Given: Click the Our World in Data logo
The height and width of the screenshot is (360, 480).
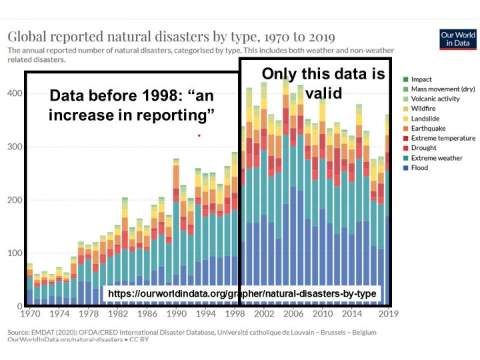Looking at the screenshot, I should (x=459, y=39).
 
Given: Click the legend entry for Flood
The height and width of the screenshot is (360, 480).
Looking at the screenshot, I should (x=420, y=168).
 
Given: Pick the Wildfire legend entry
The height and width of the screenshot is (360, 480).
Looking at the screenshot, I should (x=423, y=109).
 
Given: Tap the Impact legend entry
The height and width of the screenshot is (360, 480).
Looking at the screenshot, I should (x=421, y=79).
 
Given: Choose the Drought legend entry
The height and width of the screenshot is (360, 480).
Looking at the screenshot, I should (x=423, y=148).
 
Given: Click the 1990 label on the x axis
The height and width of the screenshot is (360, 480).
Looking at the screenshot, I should (x=176, y=313).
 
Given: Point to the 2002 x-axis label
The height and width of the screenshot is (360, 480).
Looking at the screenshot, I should (x=264, y=313).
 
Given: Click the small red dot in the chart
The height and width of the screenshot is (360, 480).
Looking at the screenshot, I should (x=199, y=135).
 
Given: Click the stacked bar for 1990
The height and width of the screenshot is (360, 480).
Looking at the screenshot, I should (x=176, y=233).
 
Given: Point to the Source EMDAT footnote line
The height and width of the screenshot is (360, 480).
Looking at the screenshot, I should (x=192, y=332).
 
